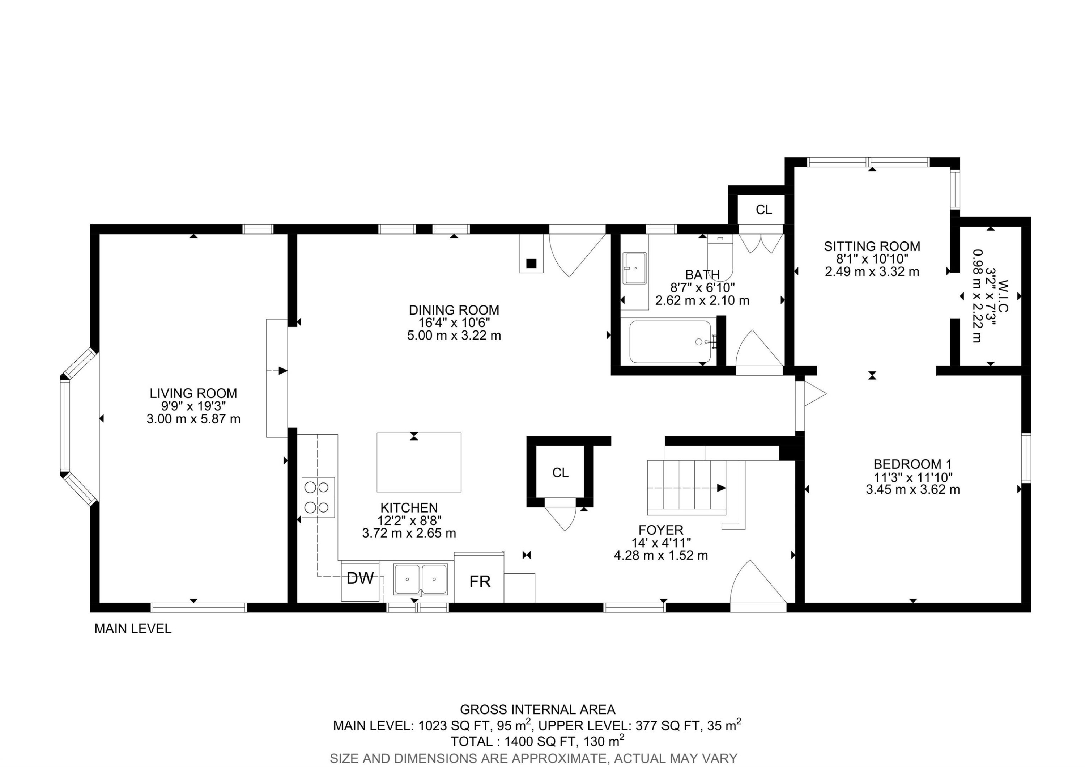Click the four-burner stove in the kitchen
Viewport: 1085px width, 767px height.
pyautogui.click(x=318, y=497)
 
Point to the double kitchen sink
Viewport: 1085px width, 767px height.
pyautogui.click(x=420, y=579)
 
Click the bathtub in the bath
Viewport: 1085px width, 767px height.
pyautogui.click(x=670, y=342)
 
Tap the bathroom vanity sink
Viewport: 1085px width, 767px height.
pyautogui.click(x=634, y=268)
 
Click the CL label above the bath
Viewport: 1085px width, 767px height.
pyautogui.click(x=763, y=210)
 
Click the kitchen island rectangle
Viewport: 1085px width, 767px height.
pyautogui.click(x=419, y=462)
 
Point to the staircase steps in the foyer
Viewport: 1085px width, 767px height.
pyautogui.click(x=686, y=488)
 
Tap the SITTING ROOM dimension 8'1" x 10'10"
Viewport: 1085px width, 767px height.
pyautogui.click(x=872, y=259)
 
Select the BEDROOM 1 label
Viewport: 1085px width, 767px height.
pyautogui.click(x=912, y=464)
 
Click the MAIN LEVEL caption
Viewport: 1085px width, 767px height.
pyautogui.click(x=133, y=628)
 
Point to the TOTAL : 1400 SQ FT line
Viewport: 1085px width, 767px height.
pyautogui.click(x=537, y=741)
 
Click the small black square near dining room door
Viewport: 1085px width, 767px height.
pyautogui.click(x=532, y=264)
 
